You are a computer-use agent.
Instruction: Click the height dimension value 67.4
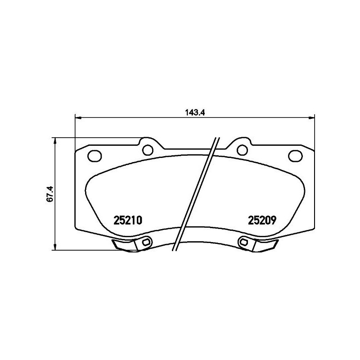point(50,193)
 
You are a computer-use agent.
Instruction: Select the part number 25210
point(128,220)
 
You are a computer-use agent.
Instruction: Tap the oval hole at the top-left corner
point(95,156)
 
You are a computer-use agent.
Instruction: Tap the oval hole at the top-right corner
point(295,156)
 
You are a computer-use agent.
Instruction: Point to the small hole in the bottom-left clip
point(144,243)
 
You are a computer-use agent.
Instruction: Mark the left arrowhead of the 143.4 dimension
point(77,118)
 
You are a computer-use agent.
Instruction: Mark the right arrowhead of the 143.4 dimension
point(311,118)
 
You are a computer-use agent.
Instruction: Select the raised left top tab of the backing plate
point(147,145)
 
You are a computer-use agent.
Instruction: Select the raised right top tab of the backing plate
point(242,145)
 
